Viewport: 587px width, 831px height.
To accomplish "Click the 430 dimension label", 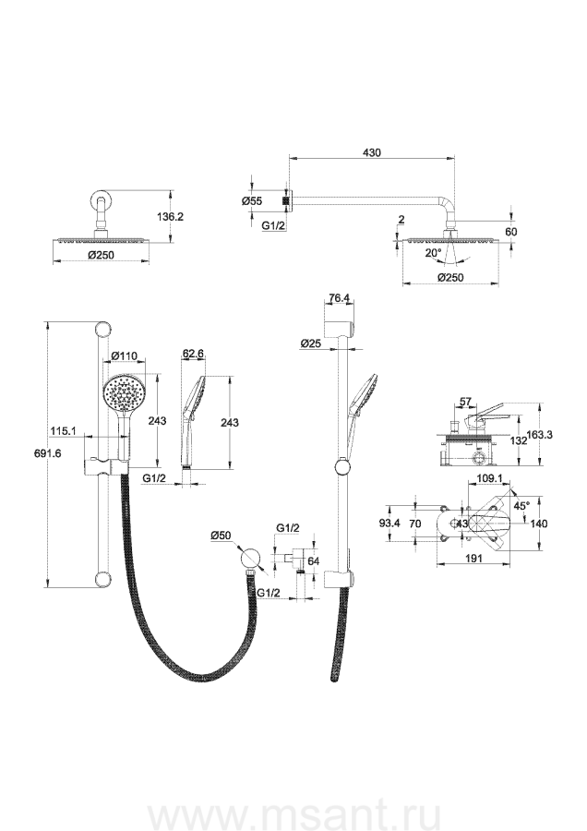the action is tap(372, 152).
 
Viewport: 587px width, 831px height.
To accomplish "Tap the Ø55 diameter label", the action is tap(252, 201).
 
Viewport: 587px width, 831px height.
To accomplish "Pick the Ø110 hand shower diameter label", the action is tap(125, 355).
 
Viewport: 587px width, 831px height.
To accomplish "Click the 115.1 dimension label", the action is tap(62, 431).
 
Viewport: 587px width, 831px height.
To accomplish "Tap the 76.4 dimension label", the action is tap(339, 298).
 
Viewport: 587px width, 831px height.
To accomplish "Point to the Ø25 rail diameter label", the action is tap(310, 343).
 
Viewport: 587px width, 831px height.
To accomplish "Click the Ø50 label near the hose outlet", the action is tap(221, 536).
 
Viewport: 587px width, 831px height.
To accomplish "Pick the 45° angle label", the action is tap(521, 506).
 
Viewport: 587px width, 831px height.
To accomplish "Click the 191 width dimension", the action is tap(474, 558).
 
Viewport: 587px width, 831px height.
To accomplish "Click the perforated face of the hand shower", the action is tap(124, 393).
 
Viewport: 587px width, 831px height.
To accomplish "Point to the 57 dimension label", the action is tap(466, 403).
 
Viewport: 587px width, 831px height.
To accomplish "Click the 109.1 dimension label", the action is tap(489, 478).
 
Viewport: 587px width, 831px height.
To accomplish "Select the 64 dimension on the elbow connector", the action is tap(314, 561).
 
